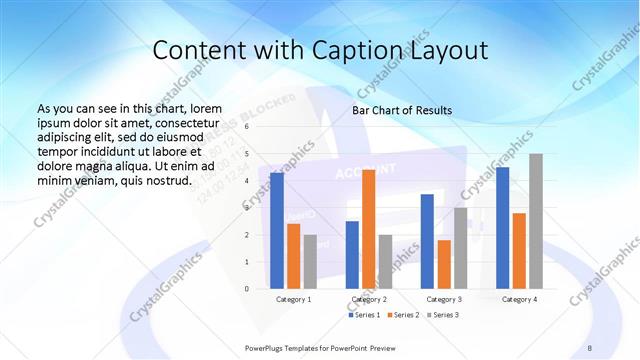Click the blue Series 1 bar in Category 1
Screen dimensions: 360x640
pos(277,231)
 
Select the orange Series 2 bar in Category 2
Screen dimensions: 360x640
pos(368,229)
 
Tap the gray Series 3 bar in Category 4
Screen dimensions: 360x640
pos(536,221)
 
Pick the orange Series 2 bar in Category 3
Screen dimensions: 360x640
pos(444,264)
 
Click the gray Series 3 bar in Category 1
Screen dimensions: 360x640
pos(310,261)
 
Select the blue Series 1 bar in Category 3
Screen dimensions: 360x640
pos(427,241)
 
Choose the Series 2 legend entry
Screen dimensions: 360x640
pos(402,315)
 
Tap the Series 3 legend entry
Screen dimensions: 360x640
pos(442,315)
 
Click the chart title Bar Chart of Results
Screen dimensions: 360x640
pos(402,110)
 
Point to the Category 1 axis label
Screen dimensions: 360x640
pos(293,299)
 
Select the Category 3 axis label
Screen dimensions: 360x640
pos(444,299)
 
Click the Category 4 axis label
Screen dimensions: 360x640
pos(519,299)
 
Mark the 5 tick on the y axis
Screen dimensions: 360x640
pos(247,154)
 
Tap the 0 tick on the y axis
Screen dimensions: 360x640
pos(247,288)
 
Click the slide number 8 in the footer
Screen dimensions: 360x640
pos(589,346)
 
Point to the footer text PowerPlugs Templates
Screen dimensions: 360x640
pos(290,346)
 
